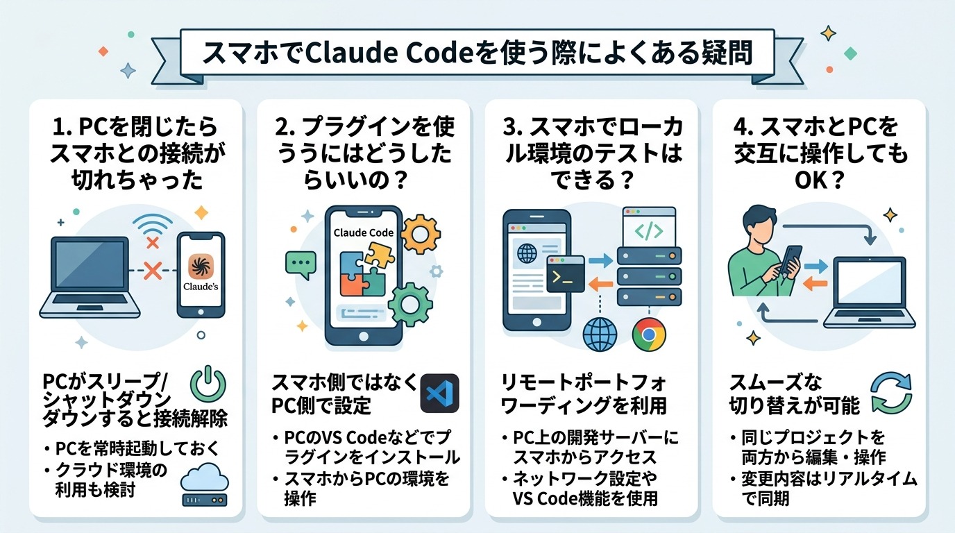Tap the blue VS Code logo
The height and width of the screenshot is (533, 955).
click(440, 394)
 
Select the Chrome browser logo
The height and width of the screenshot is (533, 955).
click(649, 335)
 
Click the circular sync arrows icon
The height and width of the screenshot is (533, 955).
click(893, 393)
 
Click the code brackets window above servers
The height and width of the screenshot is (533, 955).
click(648, 230)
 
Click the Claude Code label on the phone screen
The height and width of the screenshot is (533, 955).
click(364, 232)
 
